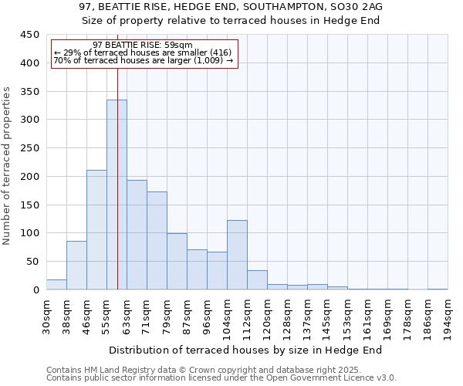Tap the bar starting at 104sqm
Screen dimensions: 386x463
[237, 255]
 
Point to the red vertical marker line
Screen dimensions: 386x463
[117, 154]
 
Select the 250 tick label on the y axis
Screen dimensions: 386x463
[30, 148]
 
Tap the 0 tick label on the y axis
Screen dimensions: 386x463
[35, 290]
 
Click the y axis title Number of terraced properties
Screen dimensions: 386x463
[8, 166]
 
